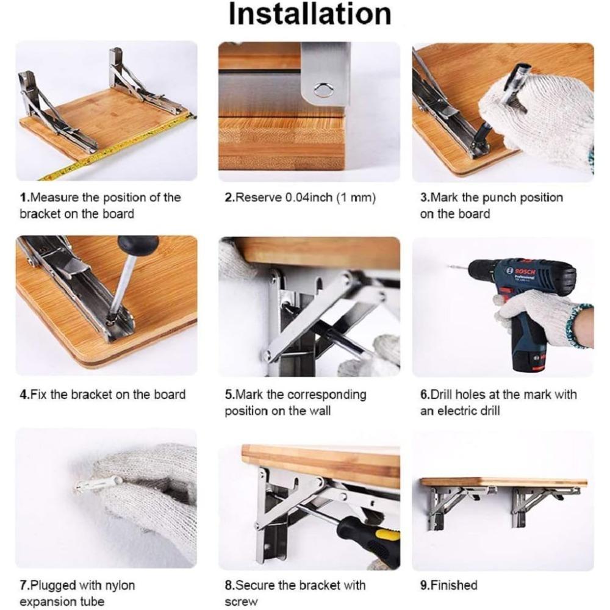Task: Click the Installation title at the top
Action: click(x=309, y=15)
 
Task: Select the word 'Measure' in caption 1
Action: click(x=52, y=198)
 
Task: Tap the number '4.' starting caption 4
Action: click(x=24, y=395)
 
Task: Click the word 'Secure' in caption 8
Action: click(x=256, y=585)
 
